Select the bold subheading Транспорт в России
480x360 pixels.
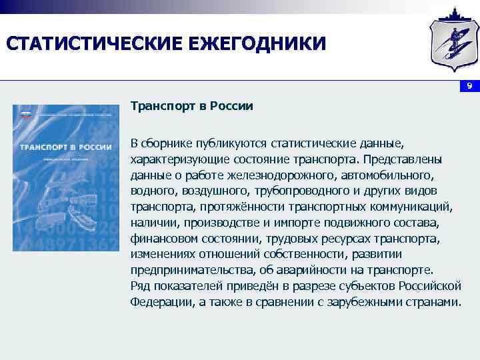(191, 107)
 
